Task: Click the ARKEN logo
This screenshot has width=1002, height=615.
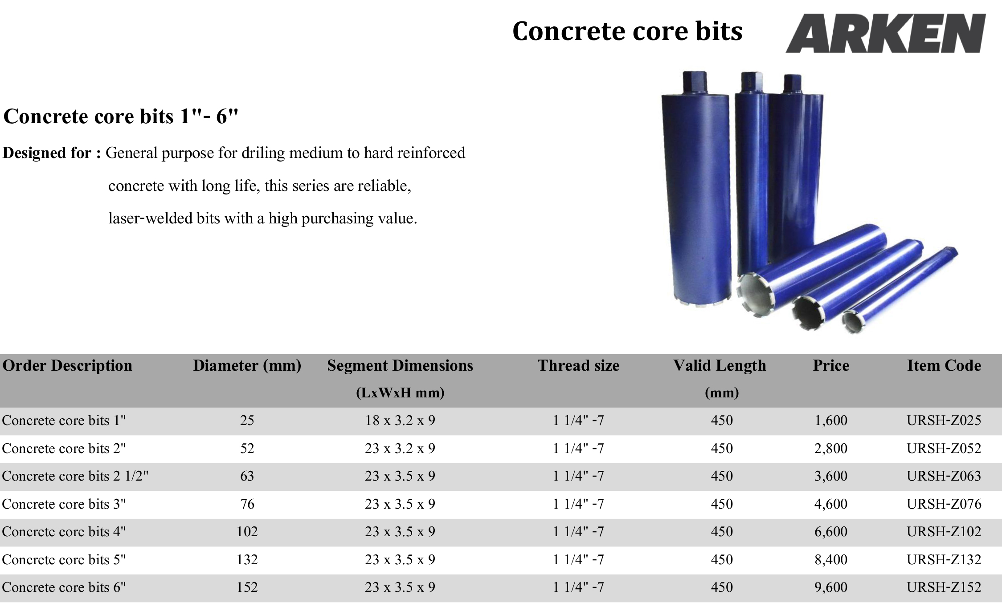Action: [885, 33]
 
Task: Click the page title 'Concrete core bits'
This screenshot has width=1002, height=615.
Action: [627, 31]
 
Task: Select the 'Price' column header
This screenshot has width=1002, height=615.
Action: [831, 365]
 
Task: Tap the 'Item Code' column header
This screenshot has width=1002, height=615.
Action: [944, 365]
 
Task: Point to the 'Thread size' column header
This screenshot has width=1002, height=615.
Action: [578, 365]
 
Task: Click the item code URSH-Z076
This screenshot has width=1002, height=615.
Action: [944, 504]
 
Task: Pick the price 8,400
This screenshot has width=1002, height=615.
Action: [831, 559]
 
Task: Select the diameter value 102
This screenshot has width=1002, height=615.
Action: [247, 532]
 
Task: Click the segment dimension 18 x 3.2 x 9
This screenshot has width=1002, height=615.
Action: [400, 421]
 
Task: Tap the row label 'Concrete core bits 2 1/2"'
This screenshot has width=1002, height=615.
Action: [75, 476]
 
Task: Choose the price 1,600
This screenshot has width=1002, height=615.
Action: [831, 421]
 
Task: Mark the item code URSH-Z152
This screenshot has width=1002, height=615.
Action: [944, 587]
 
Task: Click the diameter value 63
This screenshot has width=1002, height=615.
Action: [247, 476]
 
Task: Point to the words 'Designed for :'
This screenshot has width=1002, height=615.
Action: [52, 153]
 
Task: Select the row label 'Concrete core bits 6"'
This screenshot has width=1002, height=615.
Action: [64, 587]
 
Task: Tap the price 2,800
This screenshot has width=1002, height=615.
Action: [831, 448]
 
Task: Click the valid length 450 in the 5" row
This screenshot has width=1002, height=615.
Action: [722, 559]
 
